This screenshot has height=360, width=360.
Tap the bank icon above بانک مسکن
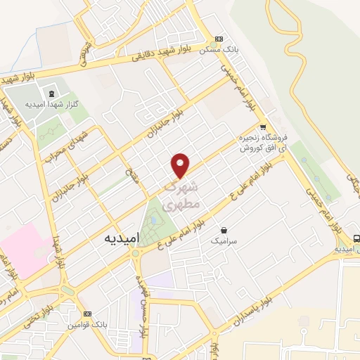[219, 39]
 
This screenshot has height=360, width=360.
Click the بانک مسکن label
[215, 50]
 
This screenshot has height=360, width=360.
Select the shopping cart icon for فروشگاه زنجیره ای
[262, 127]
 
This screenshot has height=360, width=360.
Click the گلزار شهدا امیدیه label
[46, 104]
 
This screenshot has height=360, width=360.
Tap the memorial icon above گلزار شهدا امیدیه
[51, 92]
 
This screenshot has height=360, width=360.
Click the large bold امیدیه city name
[122, 238]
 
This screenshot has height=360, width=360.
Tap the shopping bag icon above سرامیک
[224, 230]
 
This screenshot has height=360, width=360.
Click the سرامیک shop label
[224, 240]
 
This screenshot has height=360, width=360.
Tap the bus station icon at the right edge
[356, 238]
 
